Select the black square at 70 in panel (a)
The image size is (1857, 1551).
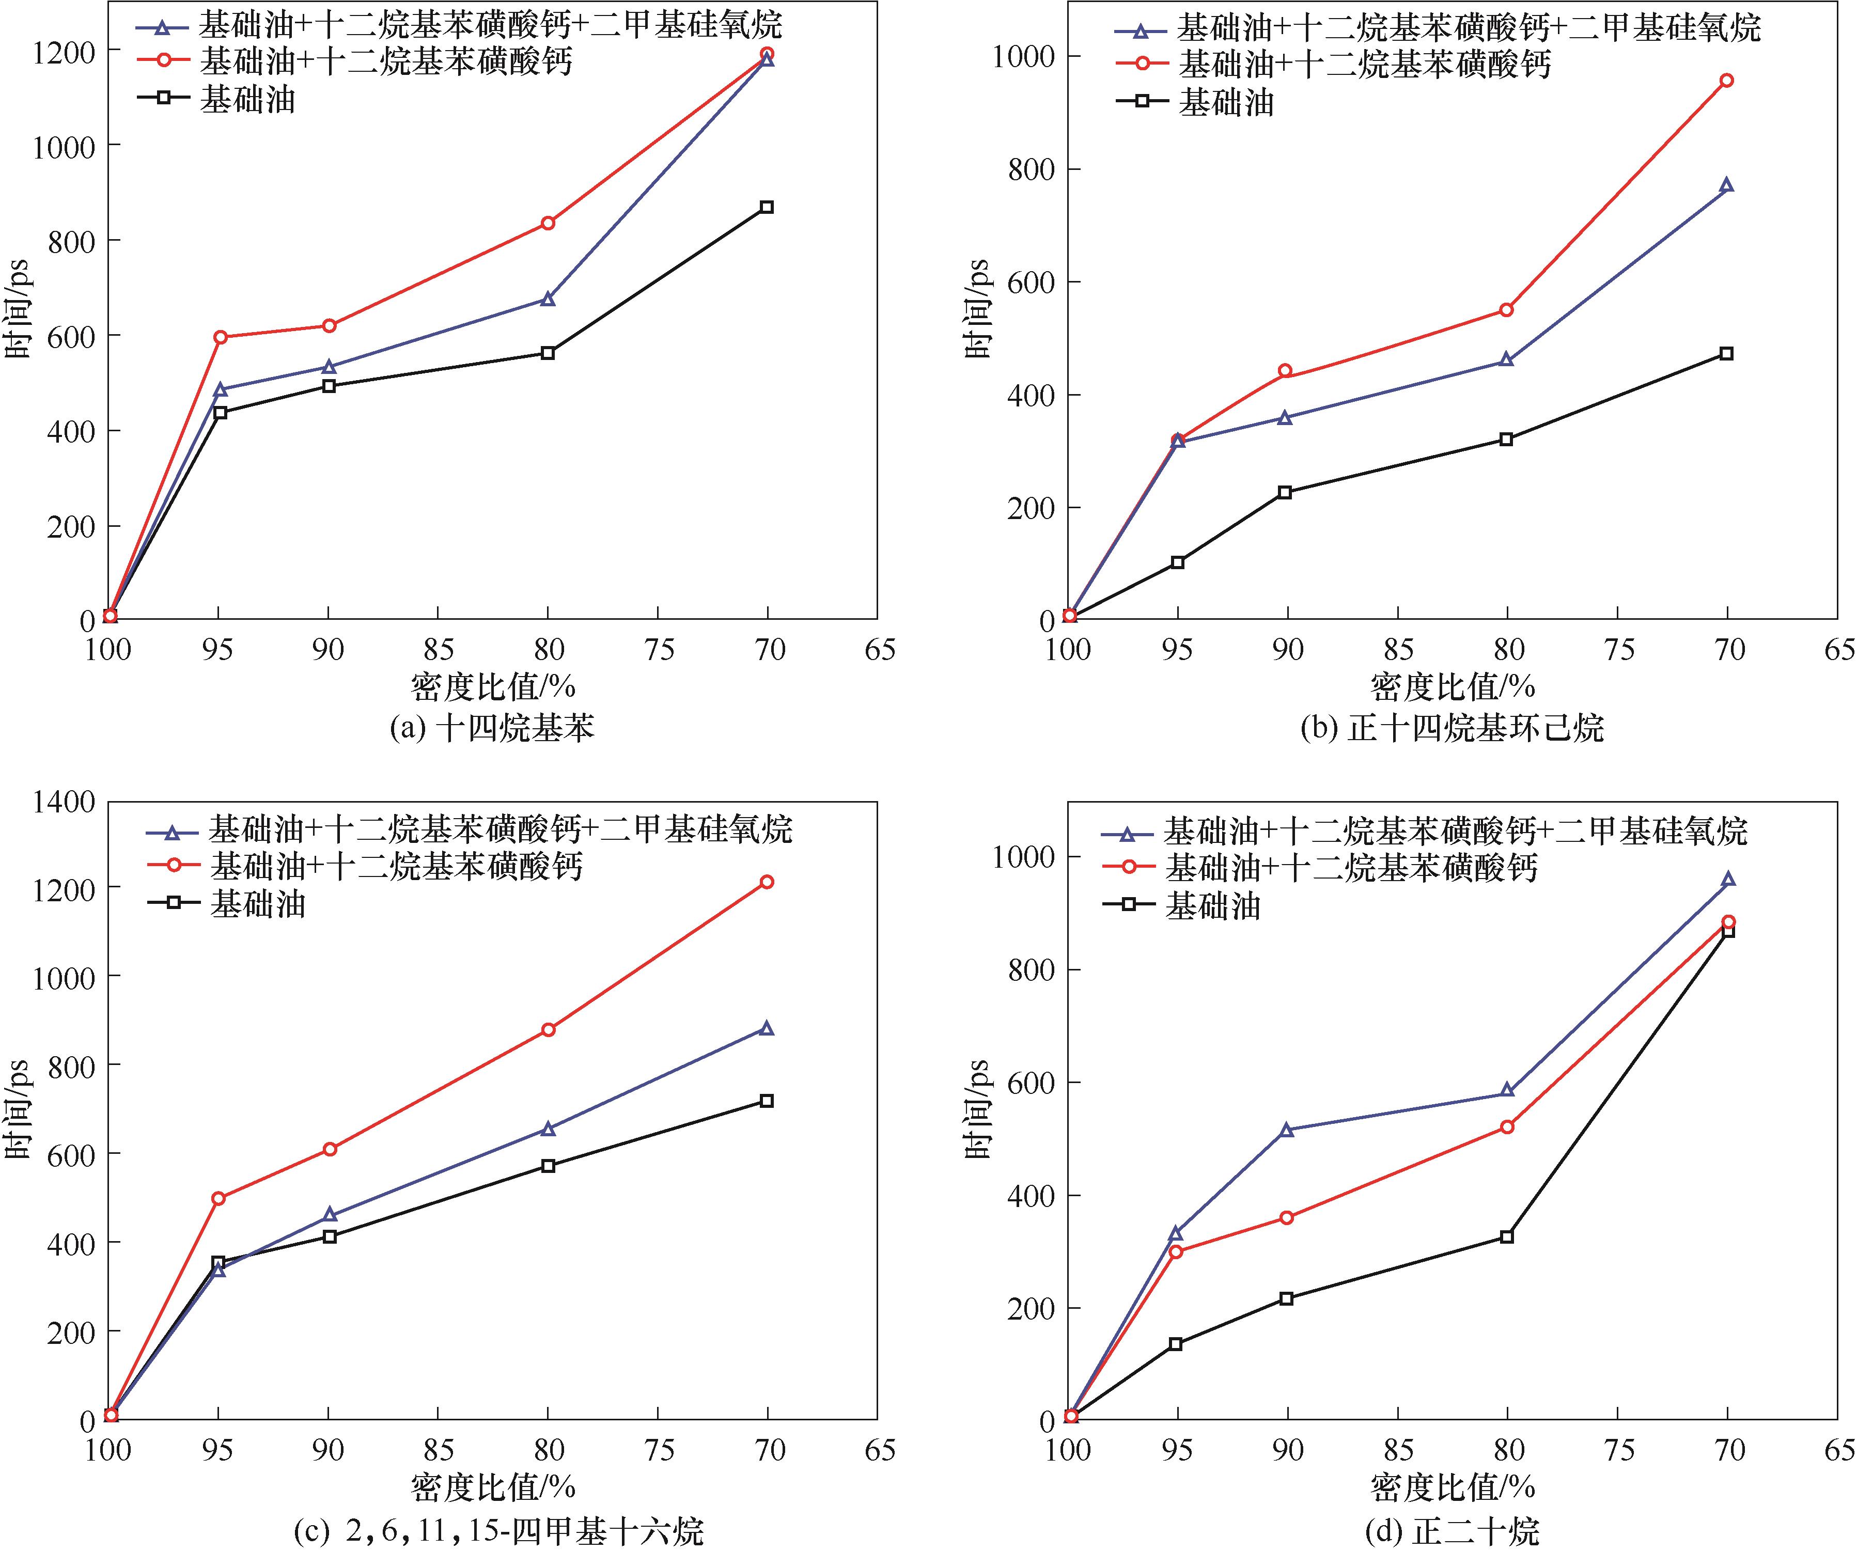click(767, 207)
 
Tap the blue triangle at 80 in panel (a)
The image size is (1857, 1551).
click(548, 300)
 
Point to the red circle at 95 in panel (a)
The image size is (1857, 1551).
click(220, 337)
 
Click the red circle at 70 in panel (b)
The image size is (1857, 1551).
click(1726, 81)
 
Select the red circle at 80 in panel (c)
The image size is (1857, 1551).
click(548, 1029)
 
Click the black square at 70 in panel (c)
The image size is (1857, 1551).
click(767, 1101)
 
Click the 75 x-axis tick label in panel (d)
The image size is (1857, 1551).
click(1617, 1450)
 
